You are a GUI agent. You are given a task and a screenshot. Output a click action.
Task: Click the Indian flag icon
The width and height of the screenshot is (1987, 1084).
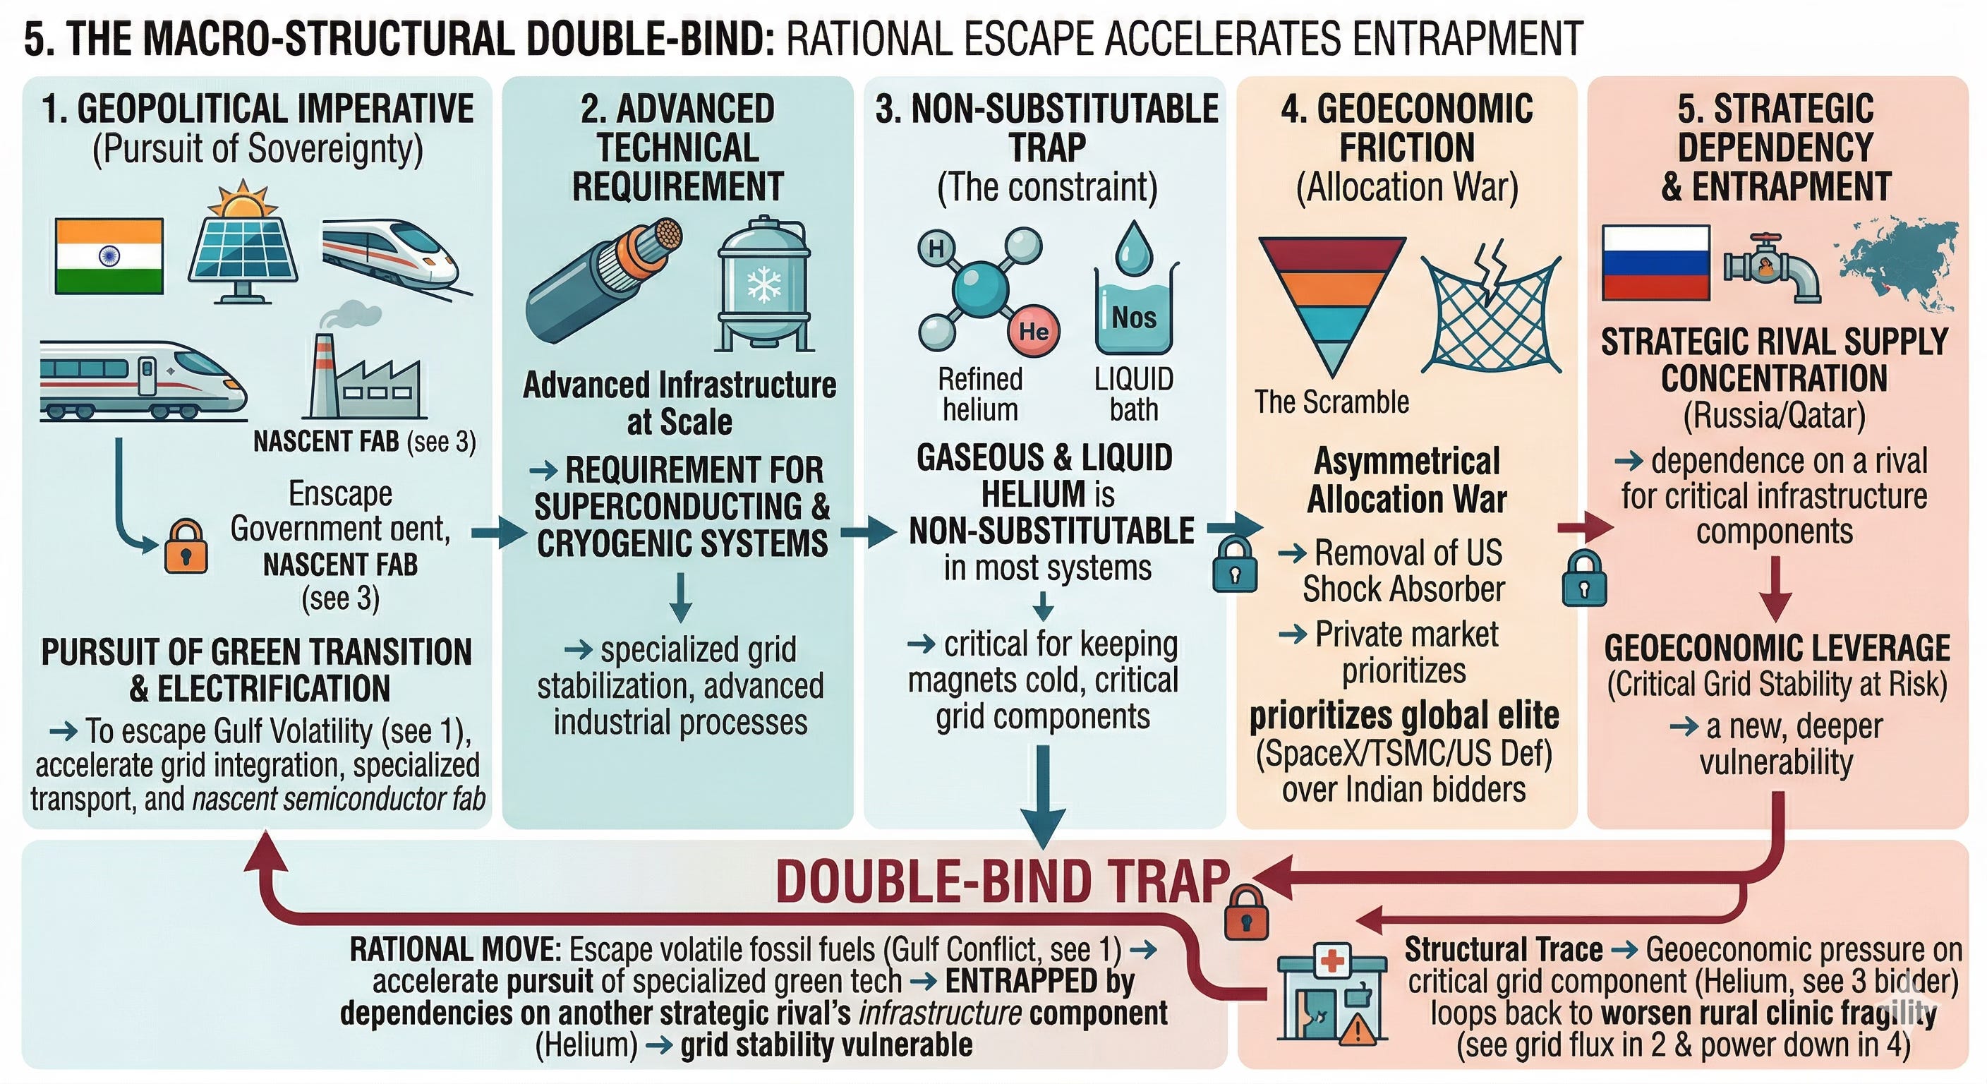109,256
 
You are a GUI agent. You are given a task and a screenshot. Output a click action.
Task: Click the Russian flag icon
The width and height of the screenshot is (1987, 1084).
1655,263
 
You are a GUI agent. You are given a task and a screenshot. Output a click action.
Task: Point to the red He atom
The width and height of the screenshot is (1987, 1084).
1034,331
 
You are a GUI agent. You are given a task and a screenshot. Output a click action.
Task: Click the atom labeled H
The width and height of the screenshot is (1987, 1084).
936,248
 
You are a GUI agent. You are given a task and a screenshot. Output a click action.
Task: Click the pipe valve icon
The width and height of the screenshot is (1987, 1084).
1772,267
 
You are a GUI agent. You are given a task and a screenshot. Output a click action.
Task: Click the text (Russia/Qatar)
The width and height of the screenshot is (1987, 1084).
1774,415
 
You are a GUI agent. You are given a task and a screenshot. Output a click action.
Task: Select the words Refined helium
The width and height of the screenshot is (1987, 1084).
979,395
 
